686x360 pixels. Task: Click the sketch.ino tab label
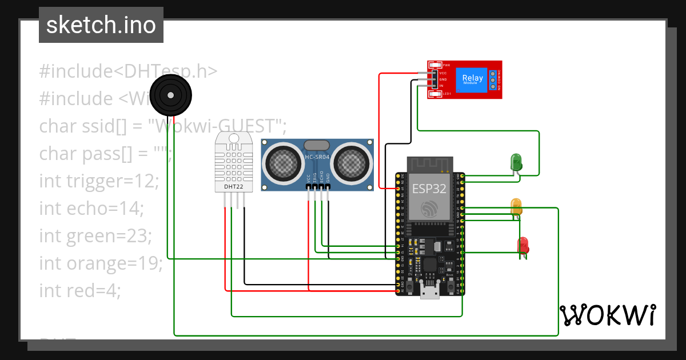(x=101, y=25)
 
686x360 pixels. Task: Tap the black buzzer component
(x=169, y=93)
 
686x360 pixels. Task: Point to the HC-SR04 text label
(x=317, y=157)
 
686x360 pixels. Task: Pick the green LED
(x=516, y=161)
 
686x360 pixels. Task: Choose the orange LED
(x=516, y=207)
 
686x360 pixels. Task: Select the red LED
(x=523, y=245)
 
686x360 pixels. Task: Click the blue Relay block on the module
(x=472, y=79)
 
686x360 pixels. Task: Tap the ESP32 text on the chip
(x=430, y=189)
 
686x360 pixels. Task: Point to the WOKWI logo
(x=608, y=315)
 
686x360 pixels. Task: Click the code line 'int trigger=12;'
(x=99, y=181)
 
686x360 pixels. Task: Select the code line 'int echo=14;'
(x=91, y=209)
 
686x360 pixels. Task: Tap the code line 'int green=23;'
(x=95, y=236)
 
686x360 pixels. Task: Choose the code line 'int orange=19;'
(x=101, y=263)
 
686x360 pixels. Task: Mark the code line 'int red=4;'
(x=80, y=291)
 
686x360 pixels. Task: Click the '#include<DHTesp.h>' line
(x=128, y=71)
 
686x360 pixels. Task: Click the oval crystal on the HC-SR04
(x=317, y=145)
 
